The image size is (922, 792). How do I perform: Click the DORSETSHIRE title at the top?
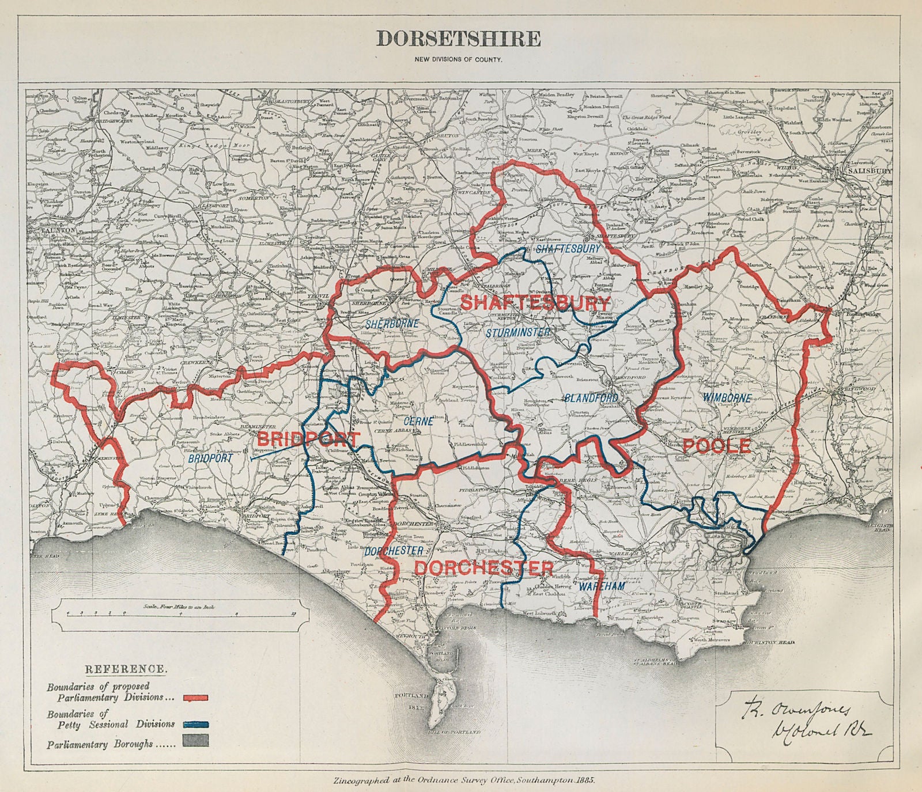pyautogui.click(x=458, y=39)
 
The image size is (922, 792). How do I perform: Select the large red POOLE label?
pyautogui.click(x=717, y=445)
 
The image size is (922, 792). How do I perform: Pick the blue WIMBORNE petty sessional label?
pyautogui.click(x=727, y=398)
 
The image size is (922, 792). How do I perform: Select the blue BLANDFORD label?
pyautogui.click(x=591, y=398)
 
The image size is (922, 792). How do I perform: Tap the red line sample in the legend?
pyautogui.click(x=196, y=698)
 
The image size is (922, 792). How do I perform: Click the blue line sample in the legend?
pyautogui.click(x=196, y=724)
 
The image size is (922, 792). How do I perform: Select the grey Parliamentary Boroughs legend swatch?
pyautogui.click(x=196, y=744)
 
